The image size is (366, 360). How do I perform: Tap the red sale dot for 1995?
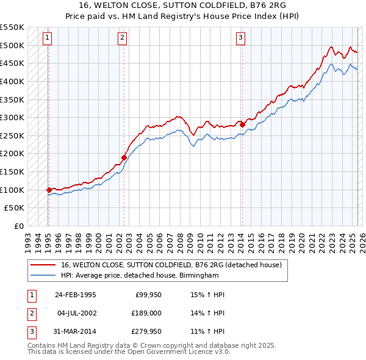pyautogui.click(x=49, y=190)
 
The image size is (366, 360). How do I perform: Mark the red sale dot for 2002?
pyautogui.click(x=124, y=157)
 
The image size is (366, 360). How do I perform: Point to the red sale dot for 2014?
pyautogui.click(x=242, y=124)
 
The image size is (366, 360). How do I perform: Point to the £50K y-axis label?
pyautogui.click(x=15, y=208)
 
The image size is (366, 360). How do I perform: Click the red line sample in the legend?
pyautogui.click(x=42, y=265)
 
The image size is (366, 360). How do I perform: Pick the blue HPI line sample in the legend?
pyautogui.click(x=42, y=276)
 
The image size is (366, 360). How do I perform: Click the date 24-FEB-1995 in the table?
pyautogui.click(x=75, y=295)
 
